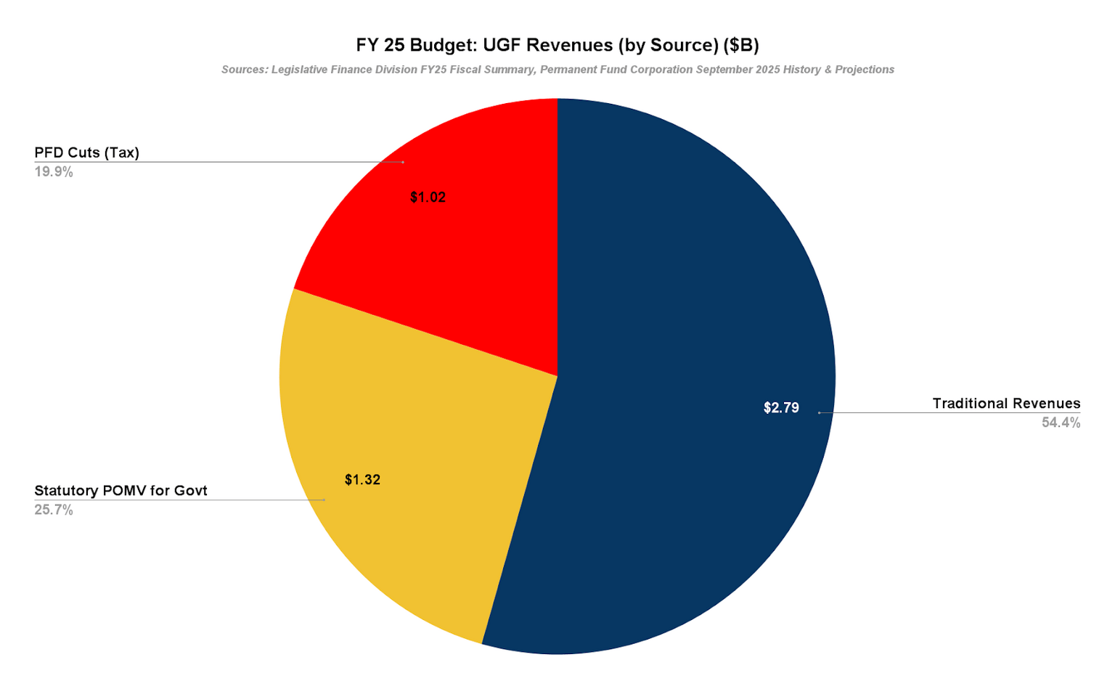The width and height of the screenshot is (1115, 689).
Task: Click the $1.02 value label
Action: pos(428,197)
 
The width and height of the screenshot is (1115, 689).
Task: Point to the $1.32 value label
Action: pos(362,480)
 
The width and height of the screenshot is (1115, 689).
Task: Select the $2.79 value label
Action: pos(781,408)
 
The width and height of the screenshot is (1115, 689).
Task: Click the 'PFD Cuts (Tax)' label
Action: pos(86,152)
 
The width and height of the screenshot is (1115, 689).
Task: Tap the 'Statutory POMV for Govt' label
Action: pos(121,491)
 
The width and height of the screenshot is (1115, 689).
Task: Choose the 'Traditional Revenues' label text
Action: pos(1006,404)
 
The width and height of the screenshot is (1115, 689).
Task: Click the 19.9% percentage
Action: pos(54,172)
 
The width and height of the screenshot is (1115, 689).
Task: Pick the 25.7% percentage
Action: pos(54,510)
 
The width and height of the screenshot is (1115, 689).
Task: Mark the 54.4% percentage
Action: pos(1061,423)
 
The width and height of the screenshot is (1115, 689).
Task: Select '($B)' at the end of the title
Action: pos(741,45)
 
